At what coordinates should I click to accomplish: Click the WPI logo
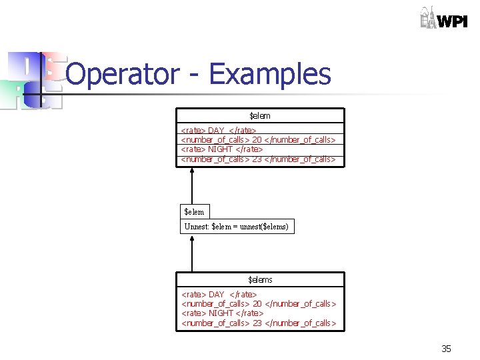[443, 18]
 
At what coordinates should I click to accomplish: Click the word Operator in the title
[123, 74]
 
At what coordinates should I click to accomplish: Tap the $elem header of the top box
[260, 116]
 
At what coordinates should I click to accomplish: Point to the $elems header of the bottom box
[260, 279]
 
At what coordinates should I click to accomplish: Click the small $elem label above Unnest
[194, 211]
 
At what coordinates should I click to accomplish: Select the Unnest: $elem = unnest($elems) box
[237, 227]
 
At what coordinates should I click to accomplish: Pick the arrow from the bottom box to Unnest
[192, 253]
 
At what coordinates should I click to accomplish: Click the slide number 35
[446, 349]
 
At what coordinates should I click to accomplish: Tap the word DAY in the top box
[216, 131]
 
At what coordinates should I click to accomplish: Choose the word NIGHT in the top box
[221, 149]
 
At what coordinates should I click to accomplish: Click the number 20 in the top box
[257, 140]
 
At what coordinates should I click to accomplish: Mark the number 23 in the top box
[257, 159]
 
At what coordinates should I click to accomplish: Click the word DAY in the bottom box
[217, 294]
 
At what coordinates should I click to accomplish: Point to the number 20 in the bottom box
[257, 304]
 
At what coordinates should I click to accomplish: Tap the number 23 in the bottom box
[257, 323]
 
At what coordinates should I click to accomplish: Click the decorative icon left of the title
[33, 80]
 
